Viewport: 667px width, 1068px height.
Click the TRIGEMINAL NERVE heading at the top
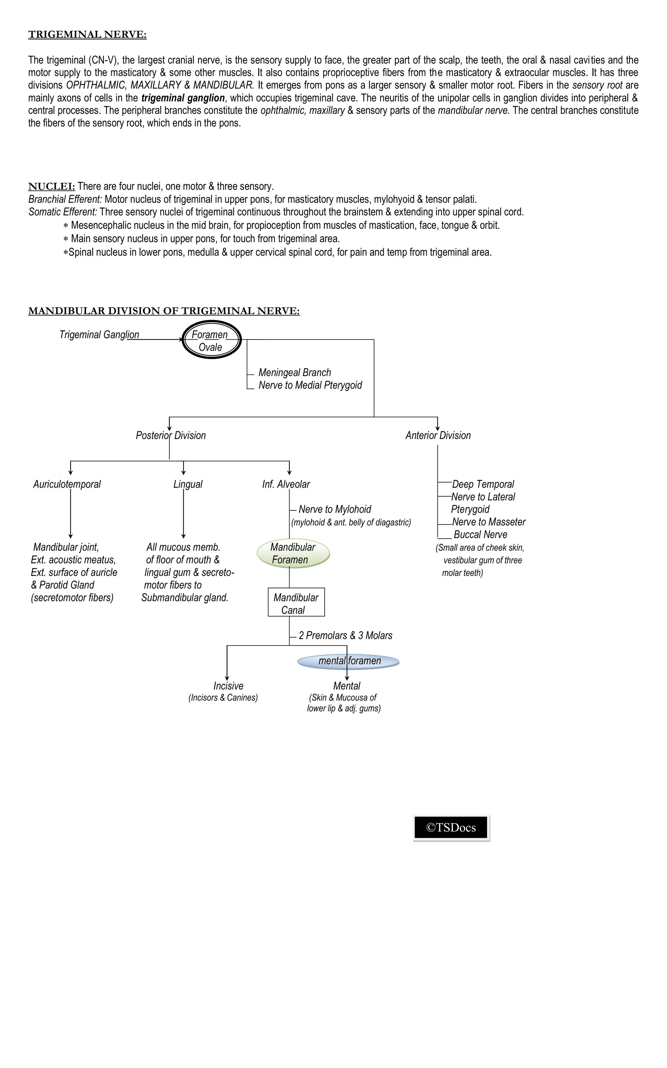coord(87,35)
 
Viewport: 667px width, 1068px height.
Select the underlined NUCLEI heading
coord(51,186)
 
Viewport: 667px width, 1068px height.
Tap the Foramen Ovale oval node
coord(211,340)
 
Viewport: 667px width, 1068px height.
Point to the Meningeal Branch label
coord(295,373)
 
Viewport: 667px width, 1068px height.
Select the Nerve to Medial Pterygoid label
coord(310,385)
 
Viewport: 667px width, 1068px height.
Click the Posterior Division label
coord(171,436)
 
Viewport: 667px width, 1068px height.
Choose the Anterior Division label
coord(438,436)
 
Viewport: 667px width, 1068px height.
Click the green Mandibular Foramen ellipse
coord(293,553)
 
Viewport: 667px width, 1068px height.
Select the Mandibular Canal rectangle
coord(296,602)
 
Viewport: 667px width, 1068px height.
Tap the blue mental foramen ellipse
coord(348,661)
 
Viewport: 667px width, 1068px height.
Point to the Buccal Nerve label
coord(480,534)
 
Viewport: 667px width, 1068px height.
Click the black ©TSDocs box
coord(451,827)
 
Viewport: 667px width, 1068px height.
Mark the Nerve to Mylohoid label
coord(335,509)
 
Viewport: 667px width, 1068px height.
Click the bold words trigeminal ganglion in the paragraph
coord(183,98)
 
